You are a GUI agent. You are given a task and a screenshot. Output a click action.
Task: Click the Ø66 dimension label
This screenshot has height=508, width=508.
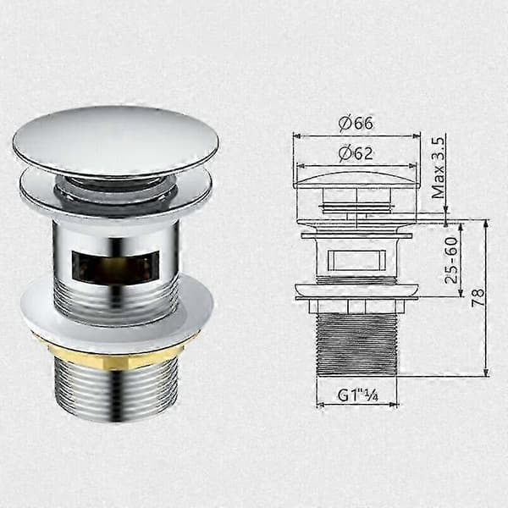(356, 123)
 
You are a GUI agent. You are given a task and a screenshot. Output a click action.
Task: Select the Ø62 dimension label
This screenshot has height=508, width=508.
(356, 153)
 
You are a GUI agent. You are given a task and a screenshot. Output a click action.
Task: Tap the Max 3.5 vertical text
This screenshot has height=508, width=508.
(439, 168)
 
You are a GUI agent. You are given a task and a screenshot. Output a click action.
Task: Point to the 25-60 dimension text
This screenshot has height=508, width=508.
(451, 261)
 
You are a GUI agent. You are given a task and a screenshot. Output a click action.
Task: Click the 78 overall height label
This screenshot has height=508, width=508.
(478, 297)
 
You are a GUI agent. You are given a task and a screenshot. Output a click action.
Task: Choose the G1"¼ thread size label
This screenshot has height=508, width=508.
(357, 395)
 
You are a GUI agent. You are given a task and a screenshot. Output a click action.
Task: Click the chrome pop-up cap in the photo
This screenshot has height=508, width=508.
(116, 141)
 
